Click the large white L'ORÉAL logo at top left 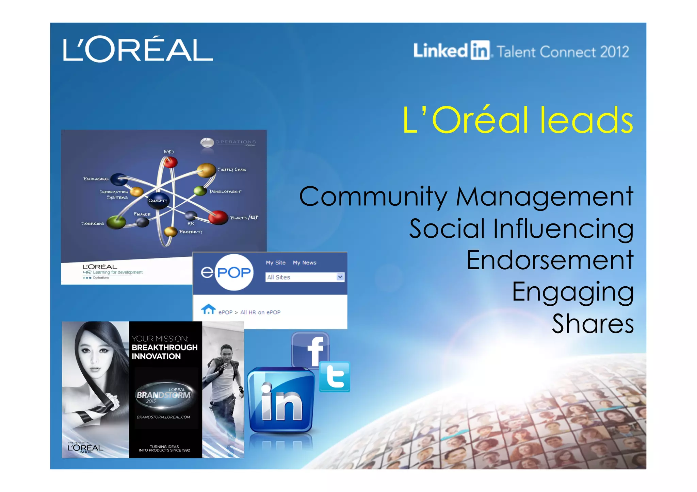(x=138, y=50)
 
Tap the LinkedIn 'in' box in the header (x=480, y=51)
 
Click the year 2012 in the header (x=614, y=52)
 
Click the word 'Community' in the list (x=373, y=197)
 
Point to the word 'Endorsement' (x=550, y=260)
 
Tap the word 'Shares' (x=593, y=323)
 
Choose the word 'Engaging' (x=573, y=292)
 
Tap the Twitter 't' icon (x=335, y=376)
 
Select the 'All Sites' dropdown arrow (x=340, y=277)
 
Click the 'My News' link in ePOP (x=304, y=262)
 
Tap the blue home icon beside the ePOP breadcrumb (x=208, y=309)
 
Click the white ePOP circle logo (x=233, y=272)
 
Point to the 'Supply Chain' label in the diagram (x=232, y=169)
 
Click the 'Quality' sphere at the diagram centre (x=158, y=200)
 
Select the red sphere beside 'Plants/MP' (x=218, y=218)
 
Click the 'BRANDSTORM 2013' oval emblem (x=164, y=394)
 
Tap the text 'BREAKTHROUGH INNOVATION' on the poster (x=164, y=352)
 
